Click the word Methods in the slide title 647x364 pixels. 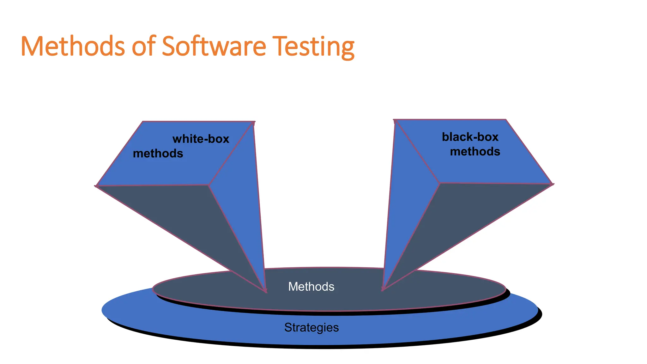[73, 46]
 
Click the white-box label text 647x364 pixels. [201, 139]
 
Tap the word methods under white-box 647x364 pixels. [158, 154]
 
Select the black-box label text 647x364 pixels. [470, 137]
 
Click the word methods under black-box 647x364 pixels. [475, 152]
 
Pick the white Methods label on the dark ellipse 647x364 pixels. [311, 287]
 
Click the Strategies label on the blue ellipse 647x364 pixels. [311, 327]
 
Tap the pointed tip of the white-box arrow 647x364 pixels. [266, 291]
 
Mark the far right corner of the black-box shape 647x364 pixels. [553, 184]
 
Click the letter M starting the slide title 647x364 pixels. [32, 46]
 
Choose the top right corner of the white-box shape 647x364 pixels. [254, 122]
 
